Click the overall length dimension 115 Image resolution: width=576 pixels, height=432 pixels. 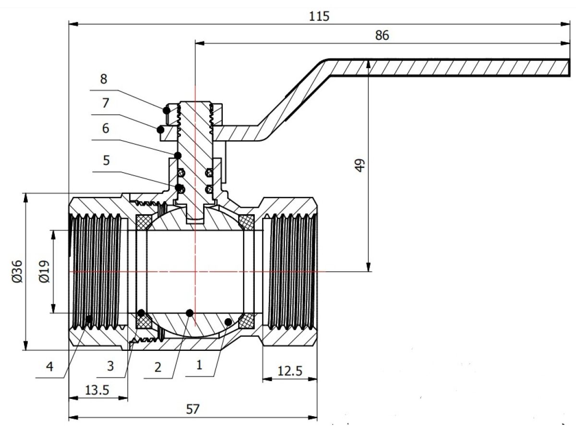[x=320, y=16]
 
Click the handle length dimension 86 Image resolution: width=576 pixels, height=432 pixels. [x=382, y=36]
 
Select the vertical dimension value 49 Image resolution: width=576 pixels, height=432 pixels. [x=361, y=165]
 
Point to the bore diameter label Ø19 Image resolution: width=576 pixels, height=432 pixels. [x=44, y=272]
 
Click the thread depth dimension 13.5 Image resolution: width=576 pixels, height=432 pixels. [x=98, y=390]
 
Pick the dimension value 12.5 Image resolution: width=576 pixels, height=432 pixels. [x=289, y=371]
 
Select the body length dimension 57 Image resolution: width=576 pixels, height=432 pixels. [x=192, y=409]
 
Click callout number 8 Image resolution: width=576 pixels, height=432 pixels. [x=104, y=79]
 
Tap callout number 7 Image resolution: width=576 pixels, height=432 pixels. [x=106, y=103]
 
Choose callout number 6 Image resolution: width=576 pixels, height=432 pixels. [x=106, y=128]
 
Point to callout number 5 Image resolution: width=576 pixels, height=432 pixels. [x=106, y=160]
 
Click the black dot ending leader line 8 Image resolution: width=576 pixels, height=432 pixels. [x=166, y=110]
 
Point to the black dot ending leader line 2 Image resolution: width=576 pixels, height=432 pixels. [x=190, y=313]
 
